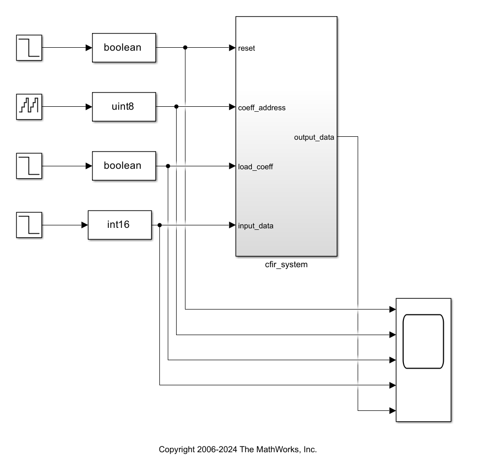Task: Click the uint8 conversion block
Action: coord(124,107)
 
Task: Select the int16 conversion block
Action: coord(120,225)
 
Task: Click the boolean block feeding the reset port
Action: coord(124,48)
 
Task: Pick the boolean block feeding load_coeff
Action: coord(124,166)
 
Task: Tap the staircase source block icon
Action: coord(29,107)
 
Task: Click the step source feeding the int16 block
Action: coord(29,225)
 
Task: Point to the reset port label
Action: coord(246,48)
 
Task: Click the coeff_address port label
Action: coord(262,108)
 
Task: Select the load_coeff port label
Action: coord(255,167)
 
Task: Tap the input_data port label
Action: coord(256,226)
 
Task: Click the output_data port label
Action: coord(314,137)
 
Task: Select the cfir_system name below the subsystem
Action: coord(286,265)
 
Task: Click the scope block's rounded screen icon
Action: coord(423,342)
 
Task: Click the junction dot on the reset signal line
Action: coord(185,48)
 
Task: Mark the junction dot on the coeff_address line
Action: coord(176,107)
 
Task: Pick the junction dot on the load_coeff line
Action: coord(168,166)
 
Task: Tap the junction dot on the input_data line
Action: coord(160,225)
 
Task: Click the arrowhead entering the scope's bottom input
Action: coord(393,410)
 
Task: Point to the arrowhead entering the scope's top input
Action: coord(393,310)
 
